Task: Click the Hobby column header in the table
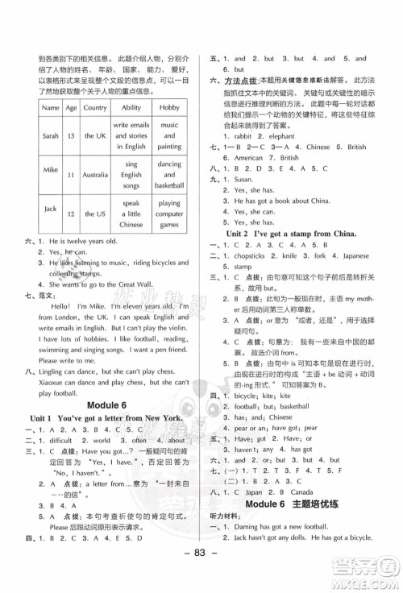(169, 107)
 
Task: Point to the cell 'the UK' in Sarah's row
(95, 136)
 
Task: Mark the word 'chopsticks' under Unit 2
(246, 254)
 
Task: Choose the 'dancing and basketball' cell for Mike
(169, 174)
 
